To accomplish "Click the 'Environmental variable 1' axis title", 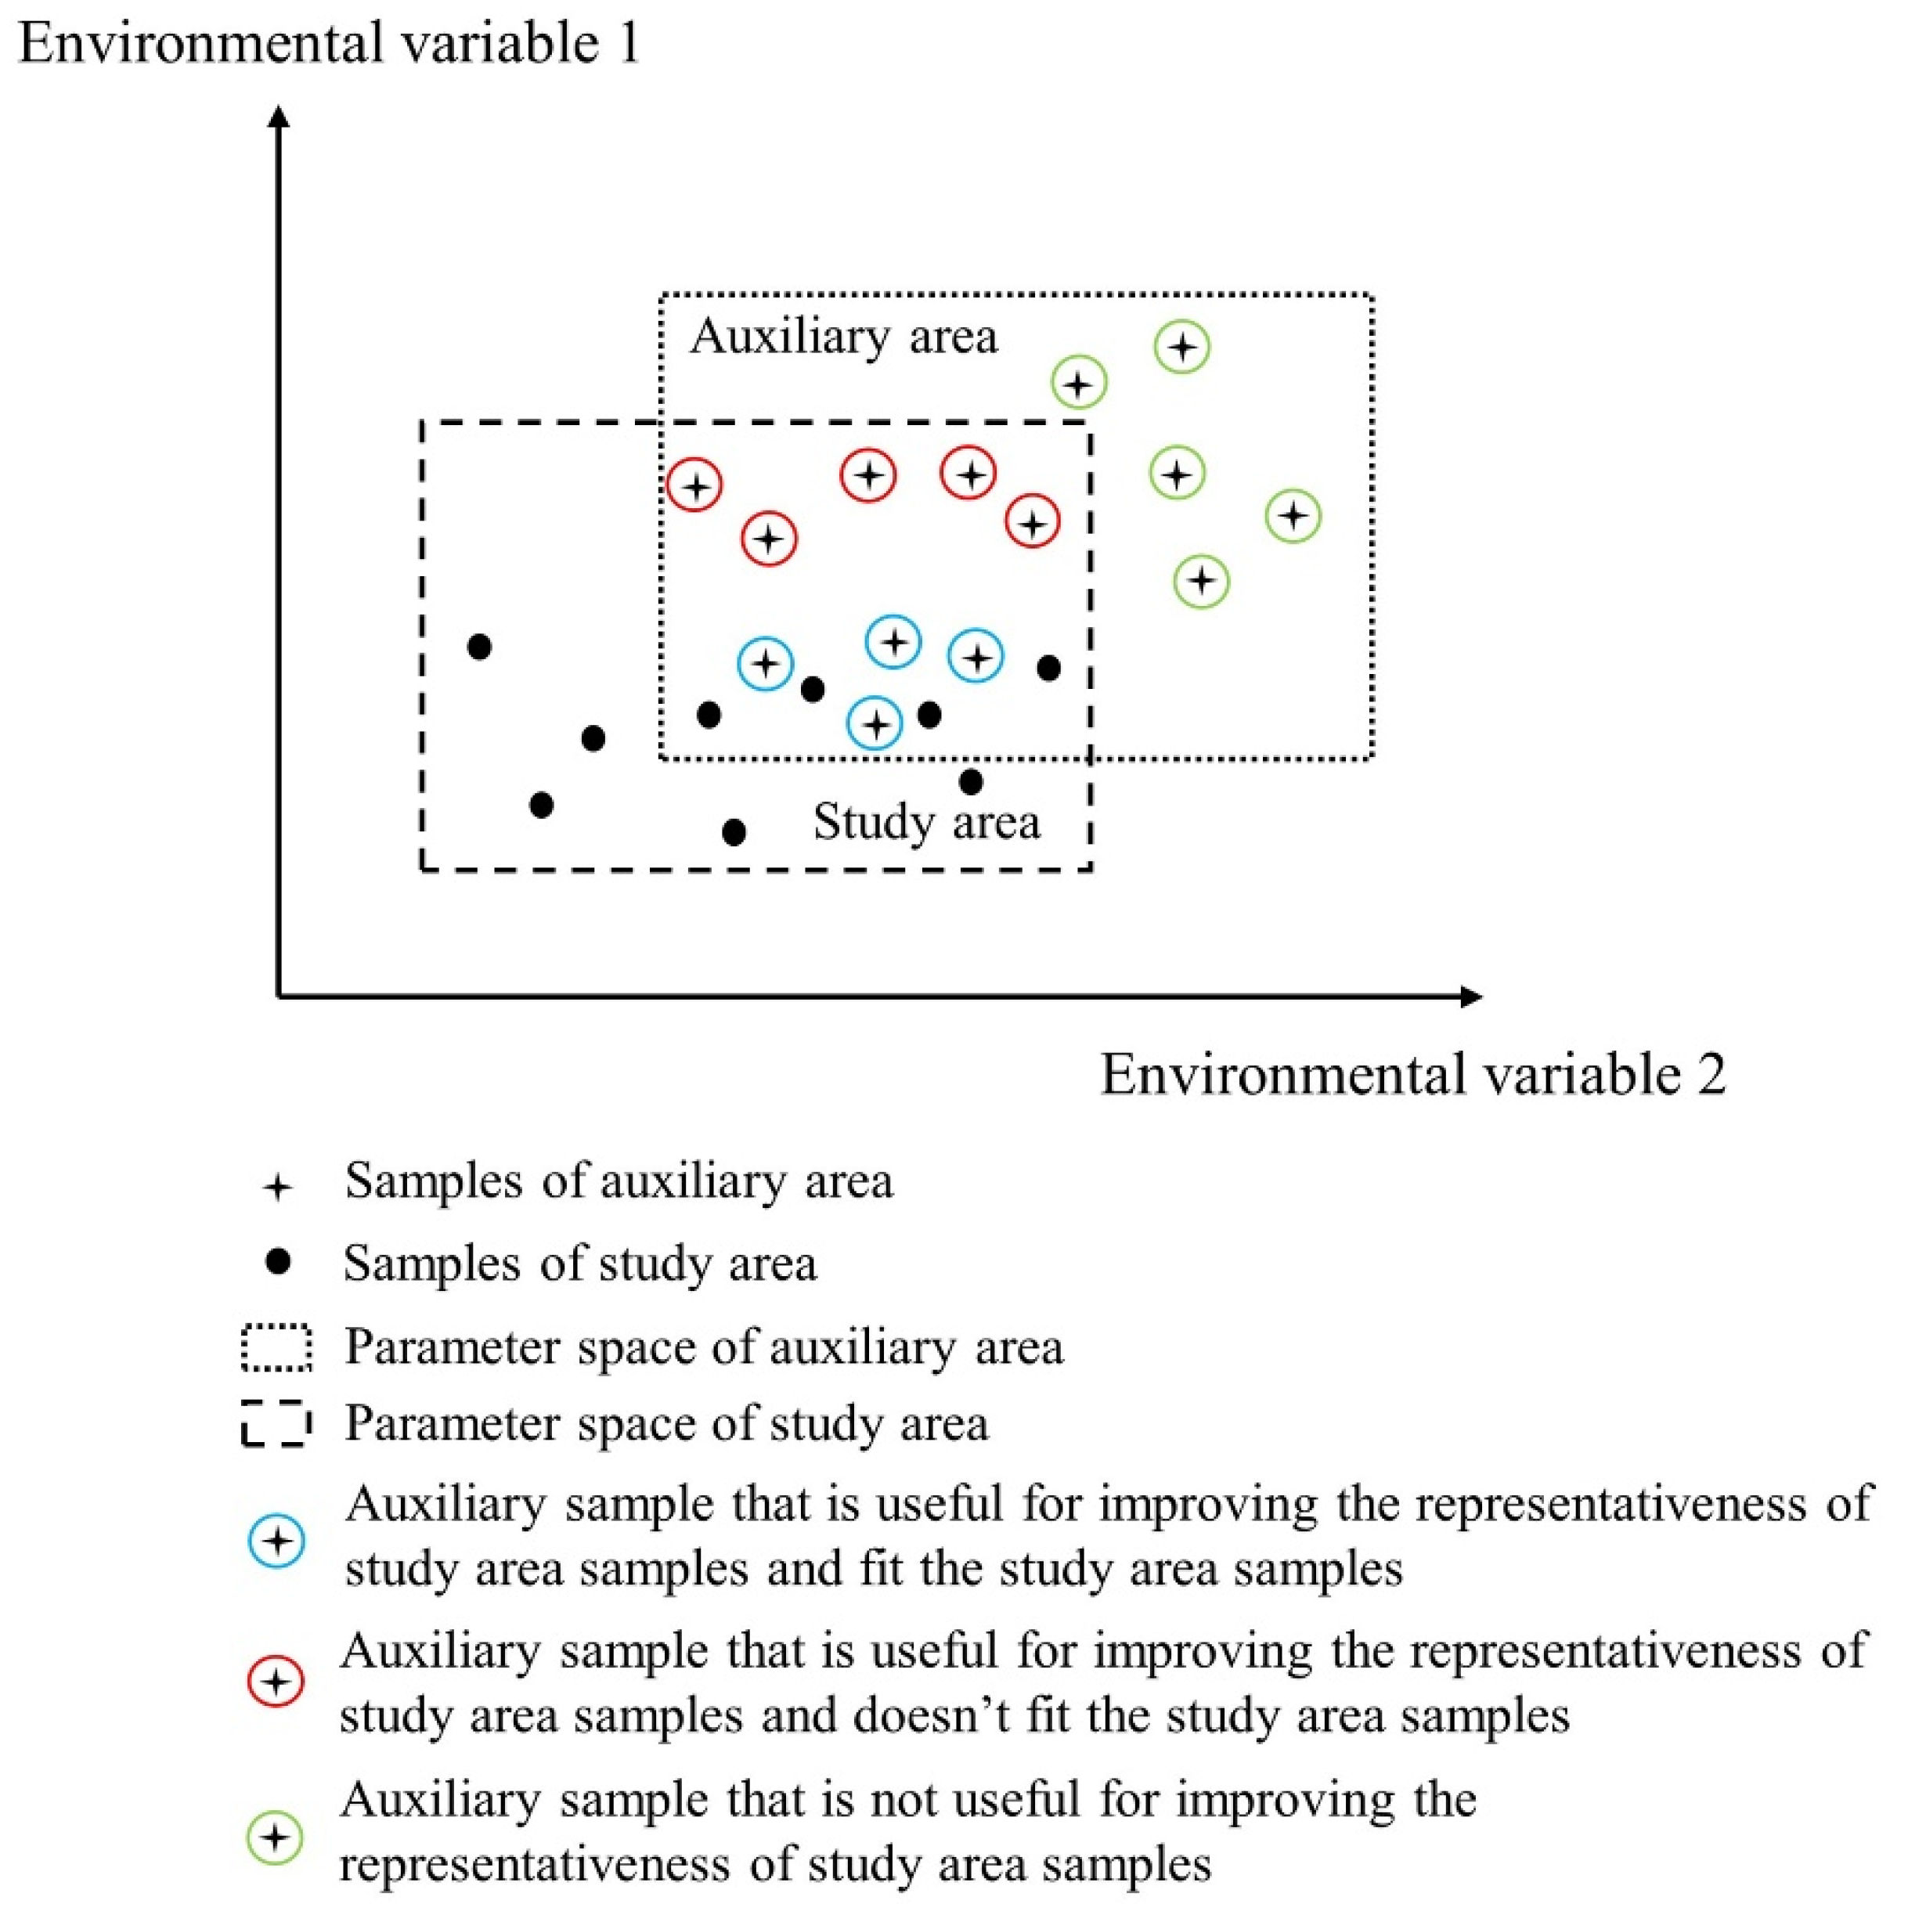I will click(x=328, y=45).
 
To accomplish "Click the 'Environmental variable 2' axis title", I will click(x=1412, y=1075).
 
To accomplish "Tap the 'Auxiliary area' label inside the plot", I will click(x=844, y=337).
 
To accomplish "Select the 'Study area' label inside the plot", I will click(x=925, y=822).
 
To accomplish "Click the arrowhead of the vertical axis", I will click(x=280, y=117).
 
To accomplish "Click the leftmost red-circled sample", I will click(x=695, y=485).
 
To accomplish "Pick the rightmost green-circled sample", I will click(x=1293, y=515).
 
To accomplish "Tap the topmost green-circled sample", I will click(x=1182, y=347).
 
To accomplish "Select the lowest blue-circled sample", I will click(x=875, y=723).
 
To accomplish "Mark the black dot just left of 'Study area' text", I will click(x=734, y=832).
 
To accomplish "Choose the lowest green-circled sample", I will click(x=1202, y=581).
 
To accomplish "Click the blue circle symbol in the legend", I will click(x=278, y=1540).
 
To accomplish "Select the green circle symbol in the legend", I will click(x=276, y=1837).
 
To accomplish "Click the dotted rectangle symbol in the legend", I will click(x=277, y=1348).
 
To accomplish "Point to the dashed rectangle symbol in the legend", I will click(x=277, y=1424).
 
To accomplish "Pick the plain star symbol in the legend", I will click(x=278, y=1187).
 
